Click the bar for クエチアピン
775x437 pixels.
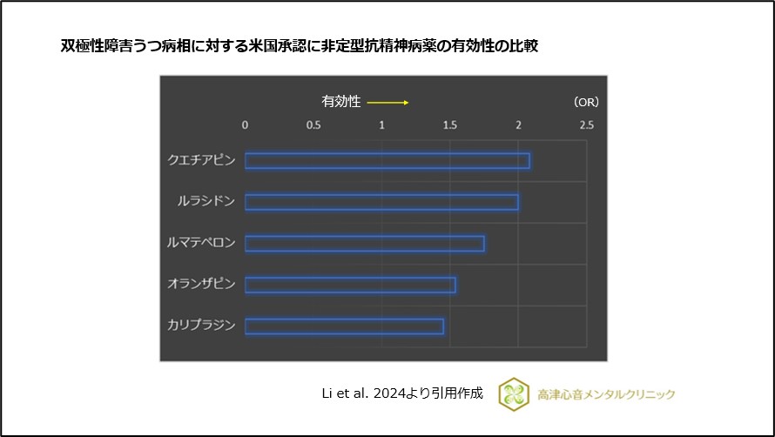pos(387,161)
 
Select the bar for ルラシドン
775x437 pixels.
pos(381,202)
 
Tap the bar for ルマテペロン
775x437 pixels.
pos(364,244)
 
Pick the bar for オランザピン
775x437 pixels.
pos(350,285)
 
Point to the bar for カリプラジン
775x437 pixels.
pos(344,326)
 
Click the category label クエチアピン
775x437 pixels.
pos(201,161)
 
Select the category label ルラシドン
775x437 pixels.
pos(206,202)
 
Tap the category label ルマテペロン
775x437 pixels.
pos(201,244)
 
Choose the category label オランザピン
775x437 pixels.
pos(201,285)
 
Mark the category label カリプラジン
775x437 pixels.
pos(201,326)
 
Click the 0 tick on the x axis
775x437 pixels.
pos(245,125)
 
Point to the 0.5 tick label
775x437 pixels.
pos(313,125)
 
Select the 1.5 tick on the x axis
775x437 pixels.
pos(450,125)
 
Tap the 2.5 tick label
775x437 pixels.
pos(587,125)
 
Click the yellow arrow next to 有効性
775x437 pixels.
pos(387,103)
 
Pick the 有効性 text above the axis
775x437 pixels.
pos(341,102)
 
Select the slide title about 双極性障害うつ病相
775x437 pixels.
pos(299,46)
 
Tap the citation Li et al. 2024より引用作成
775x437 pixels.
pos(402,393)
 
